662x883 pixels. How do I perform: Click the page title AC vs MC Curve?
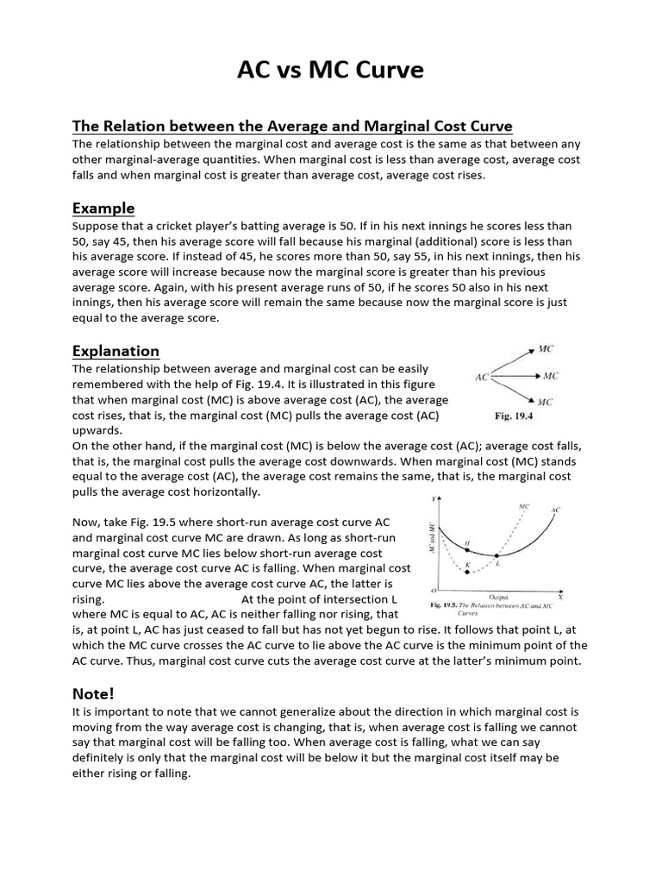tap(330, 71)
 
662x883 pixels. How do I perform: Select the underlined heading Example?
tap(103, 208)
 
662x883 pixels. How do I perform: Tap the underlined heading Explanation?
tap(116, 351)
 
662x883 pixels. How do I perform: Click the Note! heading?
tap(92, 693)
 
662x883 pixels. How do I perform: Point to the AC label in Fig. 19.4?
tap(483, 377)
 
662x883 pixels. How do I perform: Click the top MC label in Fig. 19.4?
tap(546, 349)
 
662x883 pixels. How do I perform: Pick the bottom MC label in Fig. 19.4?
tap(546, 402)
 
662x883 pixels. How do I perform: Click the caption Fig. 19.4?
tap(515, 416)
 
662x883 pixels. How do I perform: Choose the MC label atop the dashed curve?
tap(524, 506)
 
